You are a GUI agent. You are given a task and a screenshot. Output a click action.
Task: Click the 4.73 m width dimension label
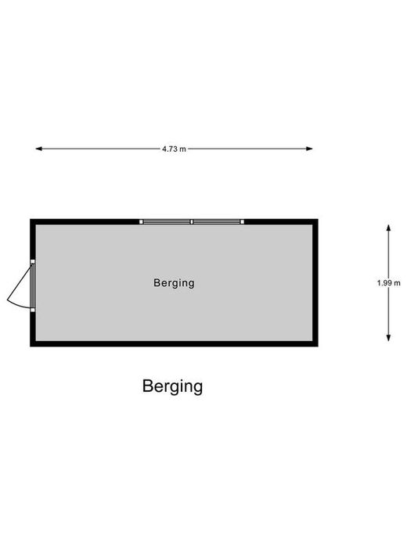[x=174, y=149]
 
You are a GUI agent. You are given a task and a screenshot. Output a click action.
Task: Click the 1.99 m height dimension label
[x=389, y=283]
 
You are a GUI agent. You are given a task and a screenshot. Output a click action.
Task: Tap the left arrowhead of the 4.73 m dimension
[x=38, y=149]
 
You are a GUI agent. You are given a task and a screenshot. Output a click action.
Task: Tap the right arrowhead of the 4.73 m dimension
[x=309, y=149]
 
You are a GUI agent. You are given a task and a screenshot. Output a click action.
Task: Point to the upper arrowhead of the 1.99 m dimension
[x=389, y=228]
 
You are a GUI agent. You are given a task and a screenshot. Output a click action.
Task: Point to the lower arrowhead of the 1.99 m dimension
[x=389, y=338]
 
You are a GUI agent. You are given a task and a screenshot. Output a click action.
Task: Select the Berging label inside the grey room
[x=174, y=283]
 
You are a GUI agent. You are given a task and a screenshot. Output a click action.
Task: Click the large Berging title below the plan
[x=172, y=386]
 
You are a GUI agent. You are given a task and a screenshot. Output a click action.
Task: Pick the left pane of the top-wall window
[x=167, y=221]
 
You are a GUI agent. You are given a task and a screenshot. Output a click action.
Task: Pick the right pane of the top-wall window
[x=217, y=221]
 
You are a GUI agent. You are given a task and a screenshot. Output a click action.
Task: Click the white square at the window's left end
[x=141, y=221]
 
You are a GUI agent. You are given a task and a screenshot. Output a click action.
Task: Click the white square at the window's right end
[x=243, y=221]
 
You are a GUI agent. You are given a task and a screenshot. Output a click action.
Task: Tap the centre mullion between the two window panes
[x=192, y=221]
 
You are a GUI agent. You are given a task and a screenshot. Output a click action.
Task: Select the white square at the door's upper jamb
[x=33, y=262]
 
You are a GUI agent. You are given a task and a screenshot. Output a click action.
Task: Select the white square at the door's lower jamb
[x=33, y=310]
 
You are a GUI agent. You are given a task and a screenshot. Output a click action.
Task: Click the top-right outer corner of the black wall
[x=318, y=219]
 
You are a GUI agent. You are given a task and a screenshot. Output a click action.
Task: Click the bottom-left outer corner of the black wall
[x=31, y=346]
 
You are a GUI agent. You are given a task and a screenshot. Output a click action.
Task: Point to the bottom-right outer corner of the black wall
[x=318, y=346]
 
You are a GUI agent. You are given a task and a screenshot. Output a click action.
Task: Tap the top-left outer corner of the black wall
[x=31, y=219]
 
